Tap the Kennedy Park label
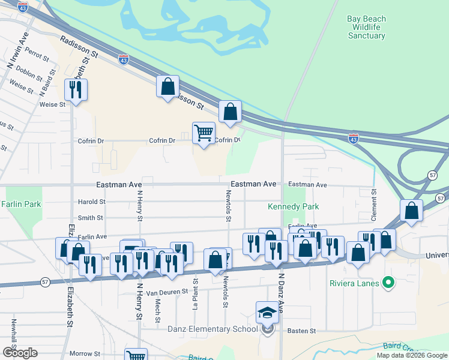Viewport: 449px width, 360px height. pyautogui.click(x=293, y=207)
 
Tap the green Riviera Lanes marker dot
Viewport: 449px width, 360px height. pyautogui.click(x=388, y=281)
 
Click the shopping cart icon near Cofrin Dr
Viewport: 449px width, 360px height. pyautogui.click(x=204, y=133)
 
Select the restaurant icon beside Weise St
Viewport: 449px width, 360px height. pyautogui.click(x=76, y=90)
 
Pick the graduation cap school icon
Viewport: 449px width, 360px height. pyautogui.click(x=267, y=312)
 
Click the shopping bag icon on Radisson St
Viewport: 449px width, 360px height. pyautogui.click(x=167, y=86)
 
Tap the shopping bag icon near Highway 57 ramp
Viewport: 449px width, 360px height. pyautogui.click(x=411, y=211)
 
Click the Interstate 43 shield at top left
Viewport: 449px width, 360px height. pyautogui.click(x=23, y=7)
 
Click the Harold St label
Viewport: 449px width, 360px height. pyautogui.click(x=91, y=202)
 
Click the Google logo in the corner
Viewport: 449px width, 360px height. pyautogui.click(x=20, y=353)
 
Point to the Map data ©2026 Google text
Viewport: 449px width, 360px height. pyautogui.click(x=411, y=355)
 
